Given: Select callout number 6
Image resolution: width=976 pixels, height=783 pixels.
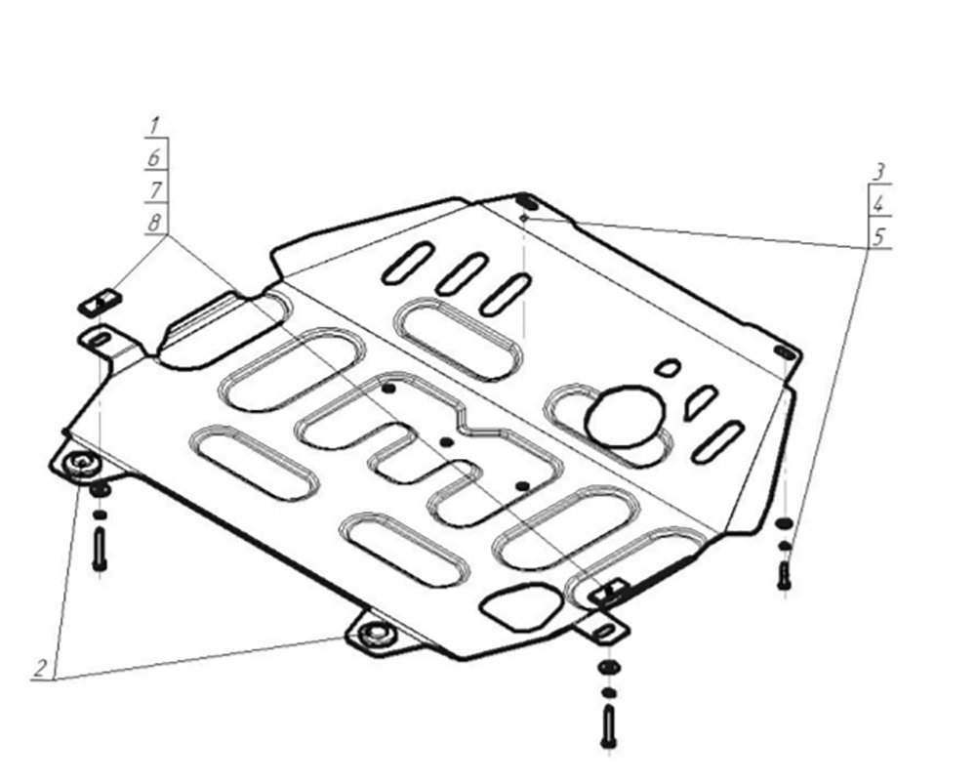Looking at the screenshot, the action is pyautogui.click(x=154, y=158).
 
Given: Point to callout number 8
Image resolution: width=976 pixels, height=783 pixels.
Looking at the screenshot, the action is pyautogui.click(x=154, y=223).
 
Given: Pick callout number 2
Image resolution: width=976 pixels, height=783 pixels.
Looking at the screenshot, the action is pyautogui.click(x=40, y=669).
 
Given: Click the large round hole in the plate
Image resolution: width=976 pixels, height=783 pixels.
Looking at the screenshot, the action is pyautogui.click(x=625, y=416).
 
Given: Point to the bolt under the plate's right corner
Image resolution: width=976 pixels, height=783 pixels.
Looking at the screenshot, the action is pyautogui.click(x=784, y=575).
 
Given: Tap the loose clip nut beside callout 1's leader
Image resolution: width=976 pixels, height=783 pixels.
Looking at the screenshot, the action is pyautogui.click(x=100, y=302).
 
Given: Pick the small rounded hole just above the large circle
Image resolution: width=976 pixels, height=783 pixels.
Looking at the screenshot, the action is pyautogui.click(x=669, y=368).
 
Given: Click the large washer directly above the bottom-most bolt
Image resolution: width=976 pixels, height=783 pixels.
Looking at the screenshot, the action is pyautogui.click(x=608, y=667).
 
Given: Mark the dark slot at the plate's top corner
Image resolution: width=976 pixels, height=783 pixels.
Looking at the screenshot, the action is pyautogui.click(x=527, y=202).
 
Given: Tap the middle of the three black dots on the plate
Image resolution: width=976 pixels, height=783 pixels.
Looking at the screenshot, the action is pyautogui.click(x=446, y=442).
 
